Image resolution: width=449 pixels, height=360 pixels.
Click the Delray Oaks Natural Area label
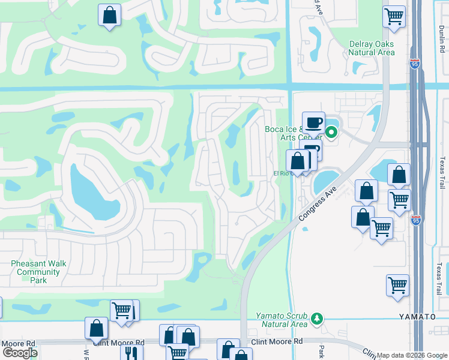372,48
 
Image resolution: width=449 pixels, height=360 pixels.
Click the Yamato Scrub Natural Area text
282,320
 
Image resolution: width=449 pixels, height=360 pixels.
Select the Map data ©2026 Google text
412,355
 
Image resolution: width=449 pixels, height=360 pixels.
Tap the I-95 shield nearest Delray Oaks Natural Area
415,62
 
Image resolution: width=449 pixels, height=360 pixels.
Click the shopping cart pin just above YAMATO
397,286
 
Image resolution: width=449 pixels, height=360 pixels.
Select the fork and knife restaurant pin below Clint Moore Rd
131,353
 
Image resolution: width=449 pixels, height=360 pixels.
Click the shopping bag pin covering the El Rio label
297,161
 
